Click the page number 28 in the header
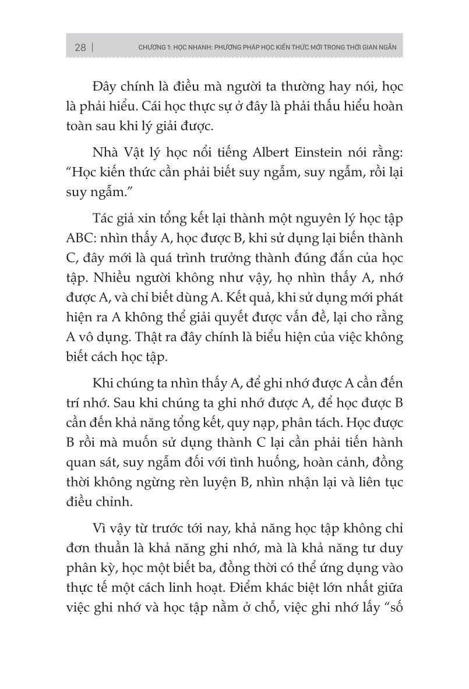pos(80,48)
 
